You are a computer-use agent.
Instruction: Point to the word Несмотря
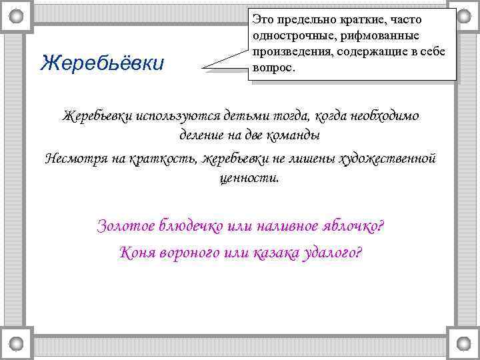pyautogui.click(x=75, y=158)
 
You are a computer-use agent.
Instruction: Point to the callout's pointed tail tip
pyautogui.click(x=202, y=68)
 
